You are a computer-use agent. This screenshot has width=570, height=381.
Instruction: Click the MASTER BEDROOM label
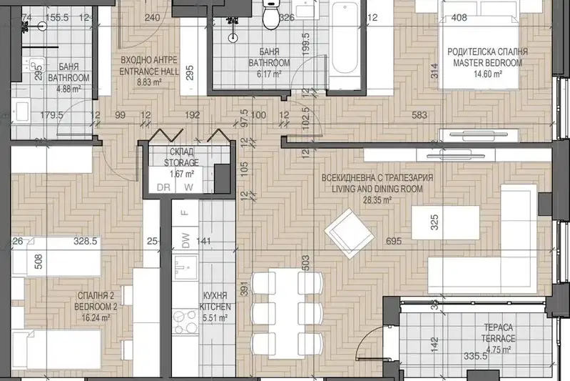(487, 63)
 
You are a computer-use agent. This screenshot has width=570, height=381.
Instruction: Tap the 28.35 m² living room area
(377, 200)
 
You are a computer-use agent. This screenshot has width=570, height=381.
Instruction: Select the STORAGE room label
(181, 162)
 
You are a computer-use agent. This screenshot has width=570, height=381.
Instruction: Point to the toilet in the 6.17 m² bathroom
(270, 14)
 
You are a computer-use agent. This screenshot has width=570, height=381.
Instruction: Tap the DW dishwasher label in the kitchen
(185, 241)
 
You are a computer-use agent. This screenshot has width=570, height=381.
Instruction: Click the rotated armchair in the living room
(350, 234)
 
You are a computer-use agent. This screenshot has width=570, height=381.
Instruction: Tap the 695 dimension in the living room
(394, 241)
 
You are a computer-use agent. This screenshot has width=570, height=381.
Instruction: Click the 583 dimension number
(419, 115)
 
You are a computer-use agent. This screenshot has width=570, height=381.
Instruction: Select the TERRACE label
(499, 338)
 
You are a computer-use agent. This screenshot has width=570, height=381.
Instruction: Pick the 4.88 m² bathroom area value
(68, 89)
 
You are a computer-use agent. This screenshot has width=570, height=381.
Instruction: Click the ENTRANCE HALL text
(149, 71)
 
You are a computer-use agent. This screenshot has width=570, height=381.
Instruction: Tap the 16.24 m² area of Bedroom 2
(96, 317)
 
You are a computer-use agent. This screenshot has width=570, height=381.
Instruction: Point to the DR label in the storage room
(163, 187)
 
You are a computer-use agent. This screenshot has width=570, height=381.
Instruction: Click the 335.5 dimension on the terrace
(476, 356)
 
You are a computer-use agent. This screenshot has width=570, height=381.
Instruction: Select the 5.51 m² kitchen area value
(215, 317)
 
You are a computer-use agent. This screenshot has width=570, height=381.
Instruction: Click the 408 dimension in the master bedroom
(459, 17)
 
